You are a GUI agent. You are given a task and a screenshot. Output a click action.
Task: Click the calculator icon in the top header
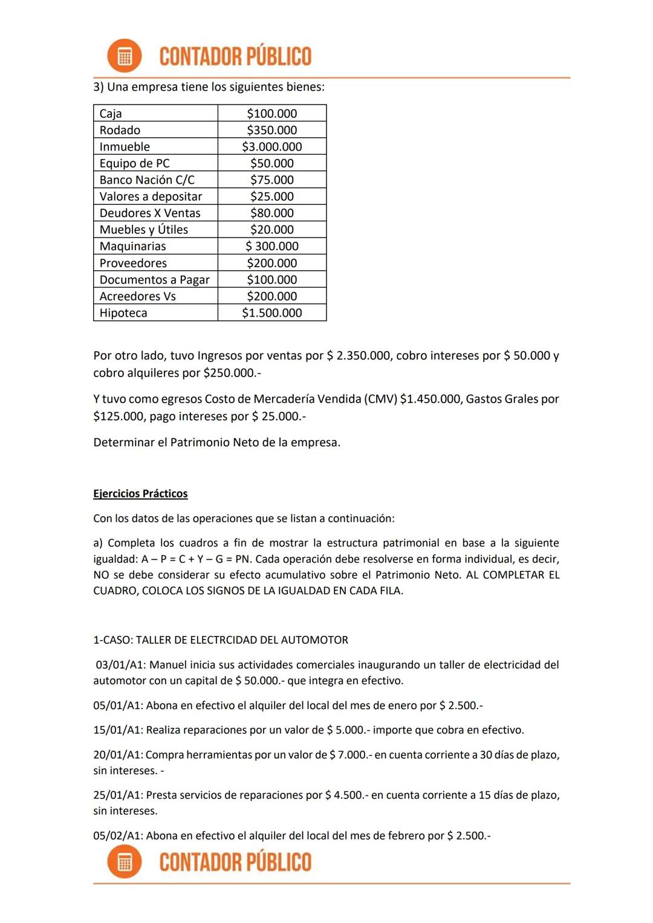(125, 56)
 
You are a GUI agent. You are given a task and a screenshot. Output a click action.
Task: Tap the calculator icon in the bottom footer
(125, 861)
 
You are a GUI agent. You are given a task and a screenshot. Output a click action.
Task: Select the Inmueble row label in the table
(125, 147)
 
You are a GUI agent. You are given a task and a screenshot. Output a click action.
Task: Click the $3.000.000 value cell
(271, 147)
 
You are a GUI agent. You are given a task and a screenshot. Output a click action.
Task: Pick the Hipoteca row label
(123, 313)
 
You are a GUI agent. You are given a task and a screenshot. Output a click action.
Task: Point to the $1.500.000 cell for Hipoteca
(271, 313)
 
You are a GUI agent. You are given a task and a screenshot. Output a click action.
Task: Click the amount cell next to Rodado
(271, 130)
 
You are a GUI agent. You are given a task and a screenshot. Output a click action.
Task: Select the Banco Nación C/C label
(147, 180)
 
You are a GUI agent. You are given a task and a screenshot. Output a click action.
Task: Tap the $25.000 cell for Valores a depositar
(271, 196)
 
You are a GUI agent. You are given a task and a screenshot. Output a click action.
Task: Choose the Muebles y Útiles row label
(144, 230)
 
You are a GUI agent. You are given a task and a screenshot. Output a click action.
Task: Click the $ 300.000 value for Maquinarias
(271, 247)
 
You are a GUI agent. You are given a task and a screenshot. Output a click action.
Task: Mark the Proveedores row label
(133, 263)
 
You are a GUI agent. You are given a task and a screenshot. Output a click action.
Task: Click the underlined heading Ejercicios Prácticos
(140, 494)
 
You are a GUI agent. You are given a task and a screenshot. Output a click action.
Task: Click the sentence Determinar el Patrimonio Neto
(216, 442)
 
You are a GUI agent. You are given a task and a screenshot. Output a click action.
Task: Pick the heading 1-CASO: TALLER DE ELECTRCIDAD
(221, 640)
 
